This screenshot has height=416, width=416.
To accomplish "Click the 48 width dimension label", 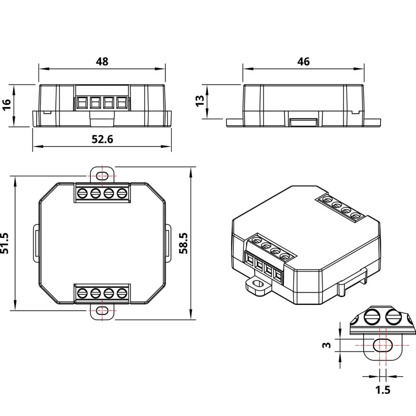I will pyautogui.click(x=102, y=62).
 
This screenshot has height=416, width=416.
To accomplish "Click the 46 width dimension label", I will pyautogui.click(x=304, y=62).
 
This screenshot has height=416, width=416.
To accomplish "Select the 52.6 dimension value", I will pyautogui.click(x=102, y=139).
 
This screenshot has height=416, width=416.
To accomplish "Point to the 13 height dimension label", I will pyautogui.click(x=200, y=101).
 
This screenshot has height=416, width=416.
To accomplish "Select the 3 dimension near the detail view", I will pyautogui.click(x=327, y=345).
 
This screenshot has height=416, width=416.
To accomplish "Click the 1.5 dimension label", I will pyautogui.click(x=383, y=390).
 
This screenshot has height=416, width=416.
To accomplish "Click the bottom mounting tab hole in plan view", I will pyautogui.click(x=102, y=311).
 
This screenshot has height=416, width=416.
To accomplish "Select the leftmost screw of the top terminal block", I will pyautogui.click(x=82, y=193).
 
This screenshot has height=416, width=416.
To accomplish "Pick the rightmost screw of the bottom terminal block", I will pyautogui.click(x=122, y=293).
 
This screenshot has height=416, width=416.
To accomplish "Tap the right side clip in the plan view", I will pyautogui.click(x=168, y=243).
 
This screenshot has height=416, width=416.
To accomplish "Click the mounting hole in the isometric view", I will pyautogui.click(x=258, y=285).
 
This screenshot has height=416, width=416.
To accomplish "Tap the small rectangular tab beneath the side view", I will pyautogui.click(x=304, y=122).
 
